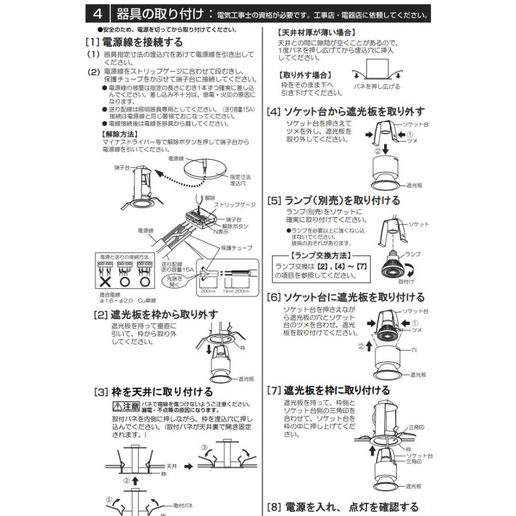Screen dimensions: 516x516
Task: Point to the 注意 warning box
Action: tap(126, 406)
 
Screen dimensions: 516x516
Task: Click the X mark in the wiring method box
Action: tap(105, 283)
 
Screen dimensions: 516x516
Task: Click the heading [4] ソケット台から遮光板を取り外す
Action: tap(346, 111)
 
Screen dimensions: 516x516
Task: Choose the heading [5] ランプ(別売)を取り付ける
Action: tap(334, 201)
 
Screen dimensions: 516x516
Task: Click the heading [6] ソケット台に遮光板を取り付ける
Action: tap(346, 297)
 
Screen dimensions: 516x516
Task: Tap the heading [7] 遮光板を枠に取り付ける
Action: tap(329, 390)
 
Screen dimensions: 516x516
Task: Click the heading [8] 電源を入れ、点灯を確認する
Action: tap(343, 507)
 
